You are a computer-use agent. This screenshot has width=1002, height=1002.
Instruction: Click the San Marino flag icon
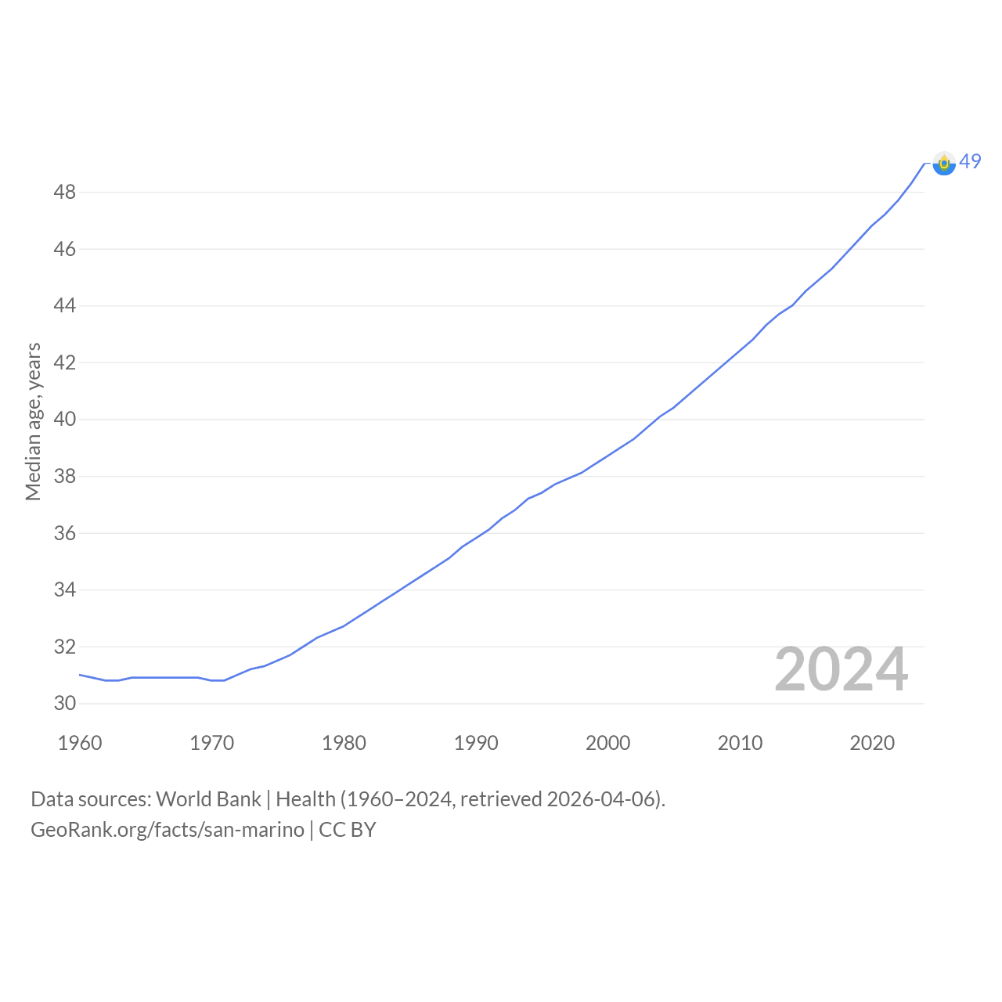pyautogui.click(x=944, y=164)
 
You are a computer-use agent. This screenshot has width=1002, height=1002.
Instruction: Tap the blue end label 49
pyautogui.click(x=970, y=161)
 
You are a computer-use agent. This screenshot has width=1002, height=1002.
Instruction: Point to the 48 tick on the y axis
pyautogui.click(x=64, y=193)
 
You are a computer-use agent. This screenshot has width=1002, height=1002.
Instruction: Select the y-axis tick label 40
pyautogui.click(x=64, y=419)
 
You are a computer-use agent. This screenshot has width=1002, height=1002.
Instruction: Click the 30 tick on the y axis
pyautogui.click(x=64, y=703)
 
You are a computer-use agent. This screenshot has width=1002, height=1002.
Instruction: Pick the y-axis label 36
pyautogui.click(x=64, y=533)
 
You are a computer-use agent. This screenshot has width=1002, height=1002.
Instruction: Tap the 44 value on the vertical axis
pyautogui.click(x=64, y=306)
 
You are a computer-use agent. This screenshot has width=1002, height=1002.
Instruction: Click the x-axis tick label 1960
pyautogui.click(x=80, y=743)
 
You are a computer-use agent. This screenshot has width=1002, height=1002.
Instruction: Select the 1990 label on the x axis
pyautogui.click(x=476, y=743)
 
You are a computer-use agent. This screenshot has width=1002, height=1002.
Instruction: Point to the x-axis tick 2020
pyautogui.click(x=872, y=743)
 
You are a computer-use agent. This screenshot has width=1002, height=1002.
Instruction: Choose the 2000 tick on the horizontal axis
pyautogui.click(x=608, y=743)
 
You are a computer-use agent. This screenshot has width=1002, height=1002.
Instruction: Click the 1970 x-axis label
pyautogui.click(x=211, y=743)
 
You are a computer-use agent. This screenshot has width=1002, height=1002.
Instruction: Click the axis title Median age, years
pyautogui.click(x=34, y=422)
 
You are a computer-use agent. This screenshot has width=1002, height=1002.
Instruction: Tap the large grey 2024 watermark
pyautogui.click(x=842, y=669)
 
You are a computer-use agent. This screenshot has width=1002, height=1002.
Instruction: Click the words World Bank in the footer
pyautogui.click(x=208, y=799)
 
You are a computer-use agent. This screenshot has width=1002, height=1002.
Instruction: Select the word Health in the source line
pyautogui.click(x=306, y=799)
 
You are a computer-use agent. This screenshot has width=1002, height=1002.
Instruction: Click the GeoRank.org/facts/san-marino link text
pyautogui.click(x=168, y=830)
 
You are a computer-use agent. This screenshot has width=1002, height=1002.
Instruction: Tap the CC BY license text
pyautogui.click(x=348, y=830)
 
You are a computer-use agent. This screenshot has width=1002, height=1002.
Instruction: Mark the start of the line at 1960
pyautogui.click(x=80, y=675)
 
